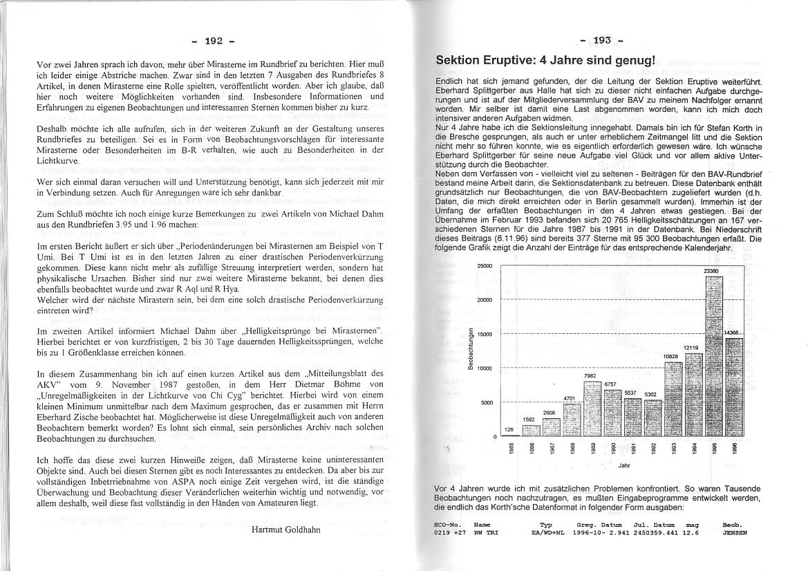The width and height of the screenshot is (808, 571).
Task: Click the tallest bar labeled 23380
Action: tap(713, 355)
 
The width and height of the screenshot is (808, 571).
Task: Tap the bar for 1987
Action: tap(551, 427)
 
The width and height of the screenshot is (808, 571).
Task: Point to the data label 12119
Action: tap(693, 348)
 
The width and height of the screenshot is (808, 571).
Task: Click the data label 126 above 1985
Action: tap(509, 429)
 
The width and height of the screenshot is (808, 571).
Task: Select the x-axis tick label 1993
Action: tap(672, 448)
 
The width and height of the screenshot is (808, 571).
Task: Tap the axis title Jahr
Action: tap(624, 466)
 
